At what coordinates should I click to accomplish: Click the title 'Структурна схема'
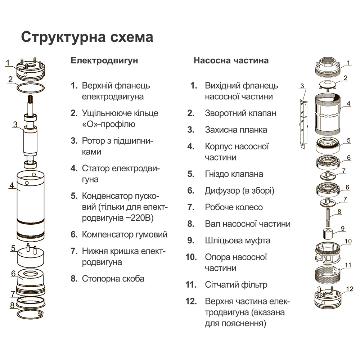pyautogui.click(x=87, y=37)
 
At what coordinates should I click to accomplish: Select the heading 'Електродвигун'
pyautogui.click(x=104, y=60)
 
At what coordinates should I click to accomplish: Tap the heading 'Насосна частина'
pyautogui.click(x=231, y=60)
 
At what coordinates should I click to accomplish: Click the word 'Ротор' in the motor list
pyautogui.click(x=93, y=141)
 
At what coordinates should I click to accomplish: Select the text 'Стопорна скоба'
pyautogui.click(x=113, y=279)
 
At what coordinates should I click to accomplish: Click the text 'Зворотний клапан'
pyautogui.click(x=240, y=113)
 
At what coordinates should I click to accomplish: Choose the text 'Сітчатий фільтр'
pyautogui.click(x=236, y=285)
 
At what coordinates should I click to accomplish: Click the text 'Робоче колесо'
pyautogui.click(x=234, y=207)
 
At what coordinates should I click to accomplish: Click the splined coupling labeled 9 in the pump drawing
pyautogui.click(x=327, y=235)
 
